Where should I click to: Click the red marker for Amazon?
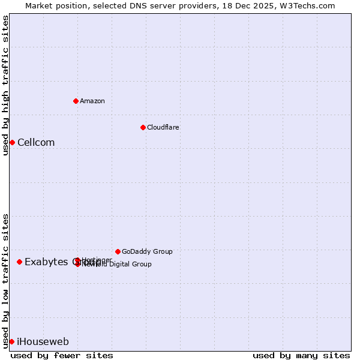[76, 101]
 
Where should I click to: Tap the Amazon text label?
[92, 101]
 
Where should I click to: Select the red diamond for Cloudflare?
[143, 127]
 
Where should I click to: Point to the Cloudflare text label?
[163, 127]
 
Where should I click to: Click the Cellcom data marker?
[12, 142]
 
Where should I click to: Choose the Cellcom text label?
[36, 143]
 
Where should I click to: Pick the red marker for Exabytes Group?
[20, 262]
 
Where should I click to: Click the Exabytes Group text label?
[48, 262]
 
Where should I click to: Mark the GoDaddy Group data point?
[118, 251]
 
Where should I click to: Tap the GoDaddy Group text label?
[147, 252]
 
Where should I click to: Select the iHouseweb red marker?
[11, 341]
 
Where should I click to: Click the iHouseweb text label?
[43, 342]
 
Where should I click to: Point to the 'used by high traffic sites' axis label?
[5, 85]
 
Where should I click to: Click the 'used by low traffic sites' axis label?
[5, 280]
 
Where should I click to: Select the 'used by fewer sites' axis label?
[62, 356]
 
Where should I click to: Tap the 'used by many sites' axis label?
[301, 356]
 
